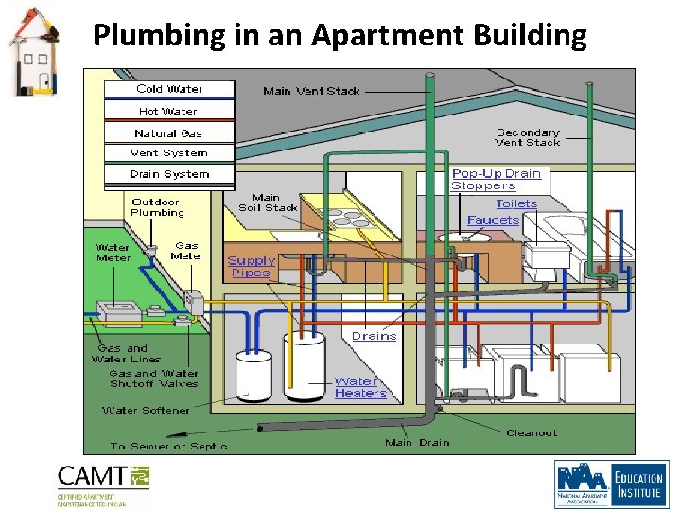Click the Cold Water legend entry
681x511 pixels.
(x=169, y=89)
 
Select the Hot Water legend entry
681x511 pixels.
(x=168, y=111)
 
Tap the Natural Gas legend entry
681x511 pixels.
(x=168, y=133)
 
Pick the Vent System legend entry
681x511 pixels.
(x=168, y=153)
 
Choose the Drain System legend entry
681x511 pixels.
(x=169, y=174)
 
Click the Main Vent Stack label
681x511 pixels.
(x=311, y=91)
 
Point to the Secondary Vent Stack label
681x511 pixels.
(x=528, y=137)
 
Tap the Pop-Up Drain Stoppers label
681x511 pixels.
(x=497, y=180)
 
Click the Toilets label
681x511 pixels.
(x=516, y=203)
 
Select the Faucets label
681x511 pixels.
(x=493, y=220)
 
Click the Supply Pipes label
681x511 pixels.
(x=251, y=267)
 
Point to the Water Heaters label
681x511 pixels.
(x=360, y=388)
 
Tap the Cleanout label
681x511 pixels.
(x=532, y=433)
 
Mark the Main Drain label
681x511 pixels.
(x=417, y=443)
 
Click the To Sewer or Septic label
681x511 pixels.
(x=168, y=446)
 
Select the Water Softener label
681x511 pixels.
(x=146, y=411)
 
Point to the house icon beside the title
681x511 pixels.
(x=31, y=52)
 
